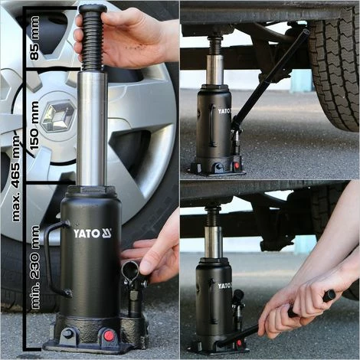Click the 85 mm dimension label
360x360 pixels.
coord(34,38)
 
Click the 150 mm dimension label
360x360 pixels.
coord(34,126)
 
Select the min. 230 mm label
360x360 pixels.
coord(34,267)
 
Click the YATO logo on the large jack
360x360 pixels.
coord(93,234)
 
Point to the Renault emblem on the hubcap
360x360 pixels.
coord(58,116)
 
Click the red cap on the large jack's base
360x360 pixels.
coord(109,335)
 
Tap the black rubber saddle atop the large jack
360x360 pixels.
coord(93,9)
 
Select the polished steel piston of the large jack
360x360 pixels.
coord(92,129)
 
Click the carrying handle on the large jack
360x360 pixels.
coord(55,259)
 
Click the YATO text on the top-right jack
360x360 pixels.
coord(224,111)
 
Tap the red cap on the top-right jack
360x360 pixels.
coord(237,165)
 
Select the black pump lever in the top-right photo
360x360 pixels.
coord(270,77)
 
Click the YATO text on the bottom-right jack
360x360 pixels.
coord(224,286)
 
